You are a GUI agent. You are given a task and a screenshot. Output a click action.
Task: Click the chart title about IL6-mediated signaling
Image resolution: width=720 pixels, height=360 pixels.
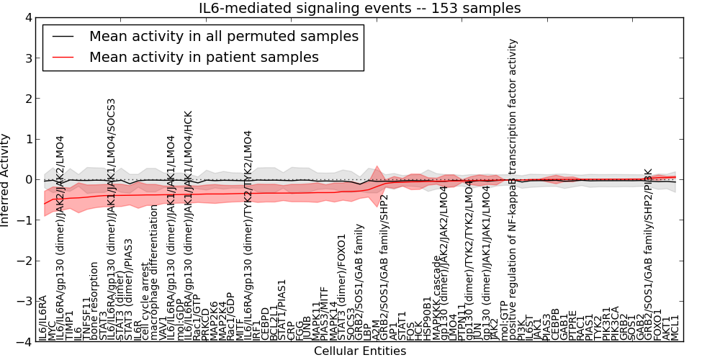click(360, 8)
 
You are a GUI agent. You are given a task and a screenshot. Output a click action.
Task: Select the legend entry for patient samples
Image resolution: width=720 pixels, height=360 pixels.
click(204, 57)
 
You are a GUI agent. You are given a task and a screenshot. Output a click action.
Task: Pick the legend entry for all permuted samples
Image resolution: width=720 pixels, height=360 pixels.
click(223, 36)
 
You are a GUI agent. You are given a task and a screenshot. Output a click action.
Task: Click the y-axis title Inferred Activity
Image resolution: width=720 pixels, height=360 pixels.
click(6, 180)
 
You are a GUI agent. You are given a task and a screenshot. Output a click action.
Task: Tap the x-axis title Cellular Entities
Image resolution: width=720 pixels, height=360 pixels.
click(360, 351)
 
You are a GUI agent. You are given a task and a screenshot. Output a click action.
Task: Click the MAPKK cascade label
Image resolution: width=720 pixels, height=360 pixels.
click(435, 298)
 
